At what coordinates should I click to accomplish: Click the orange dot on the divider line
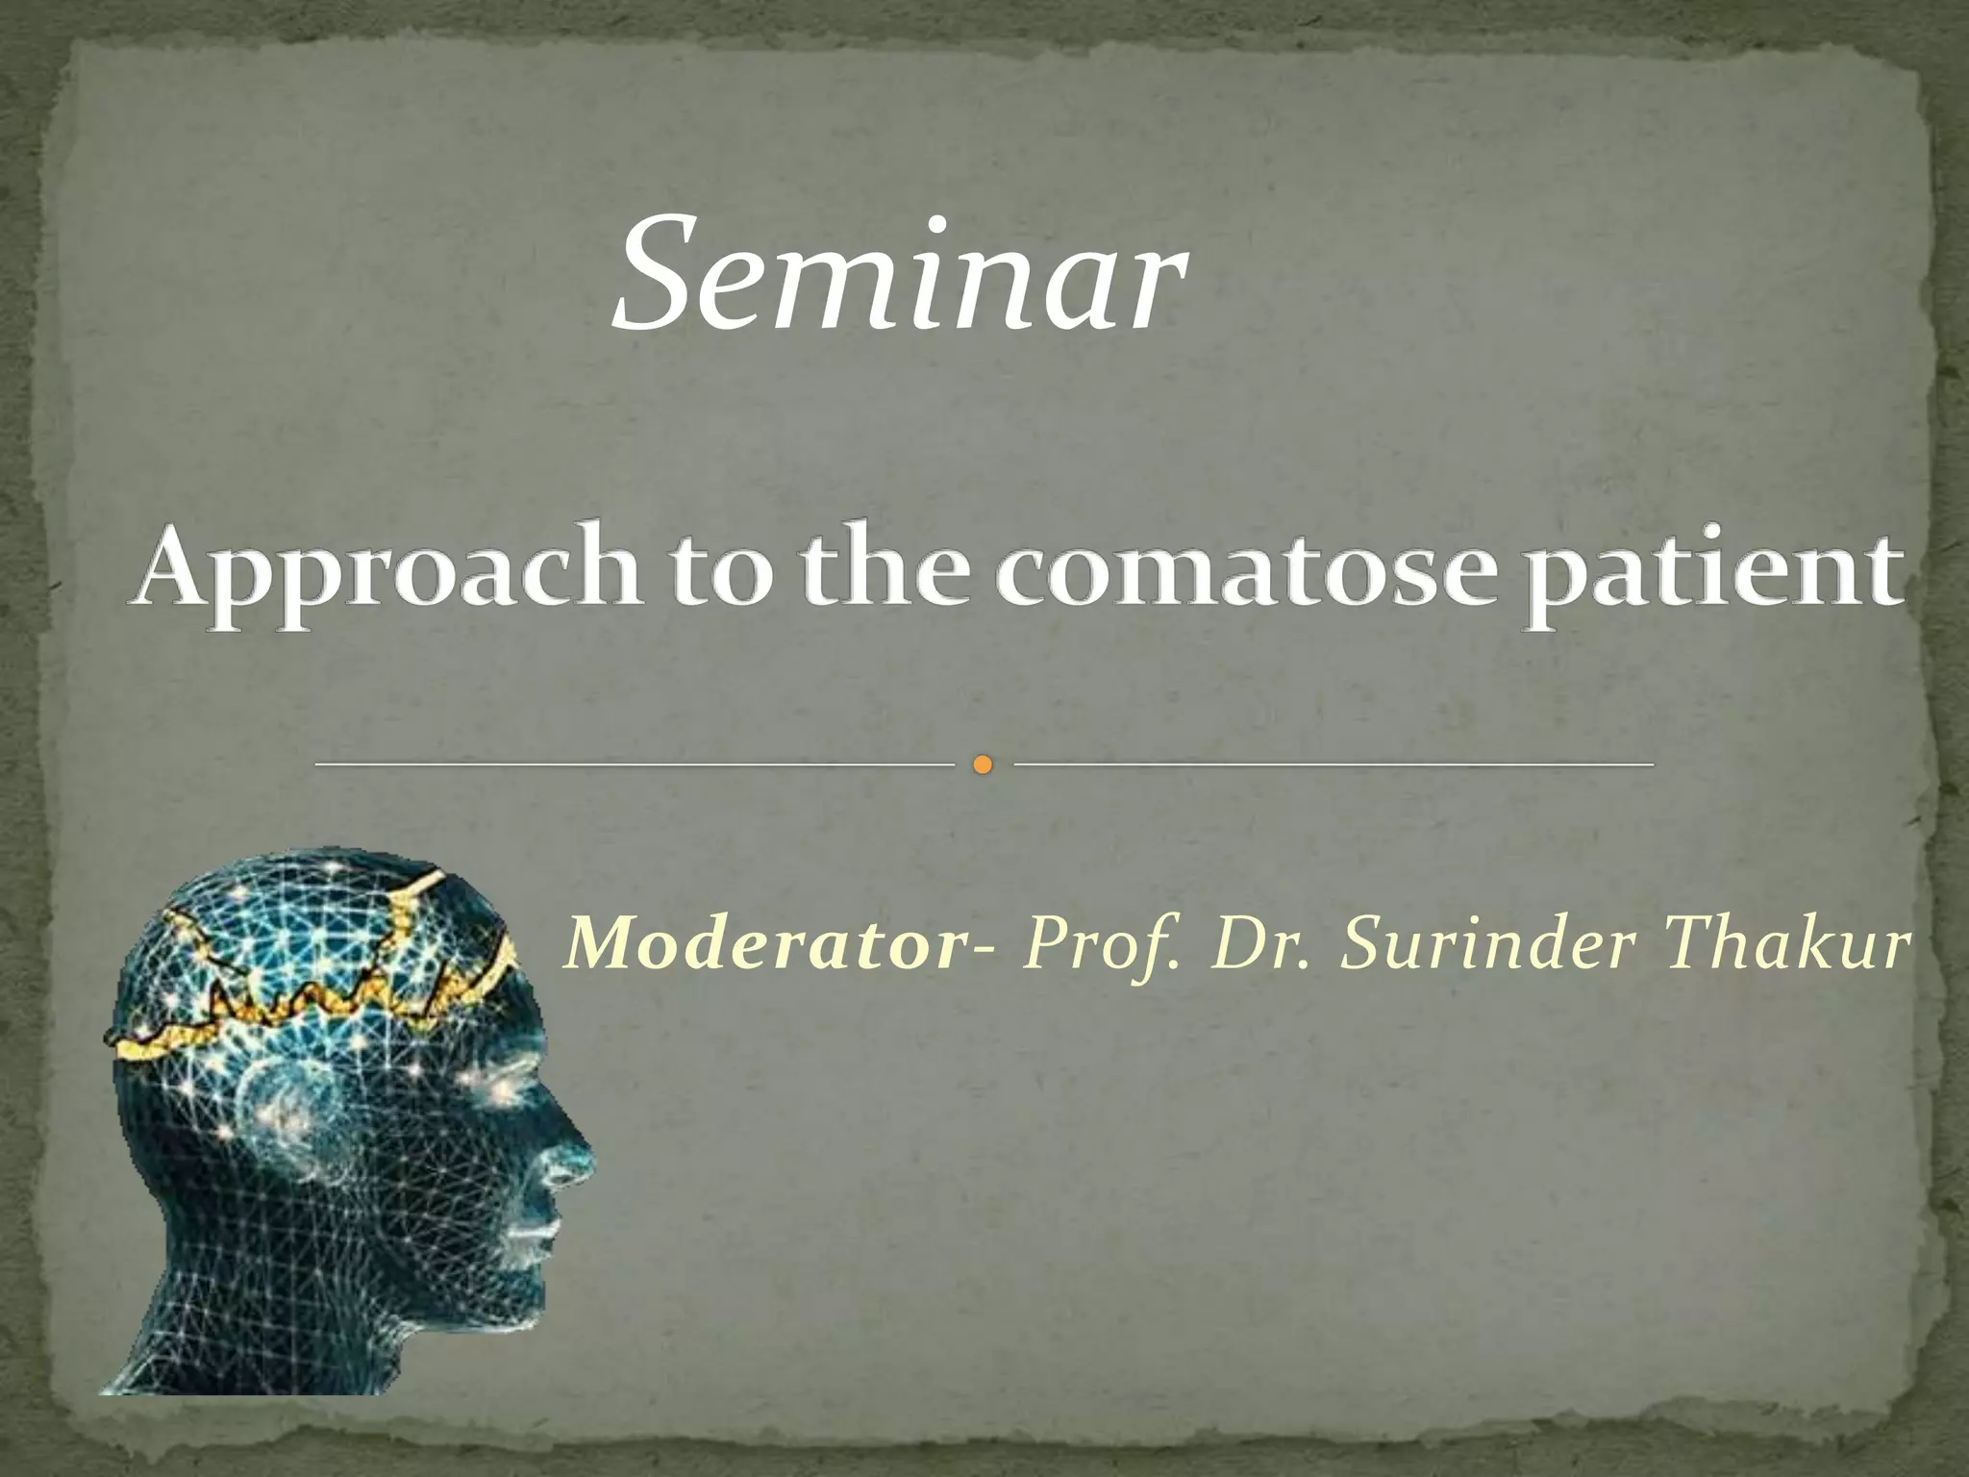[x=982, y=765]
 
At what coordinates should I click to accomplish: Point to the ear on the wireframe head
[x=279, y=1106]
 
